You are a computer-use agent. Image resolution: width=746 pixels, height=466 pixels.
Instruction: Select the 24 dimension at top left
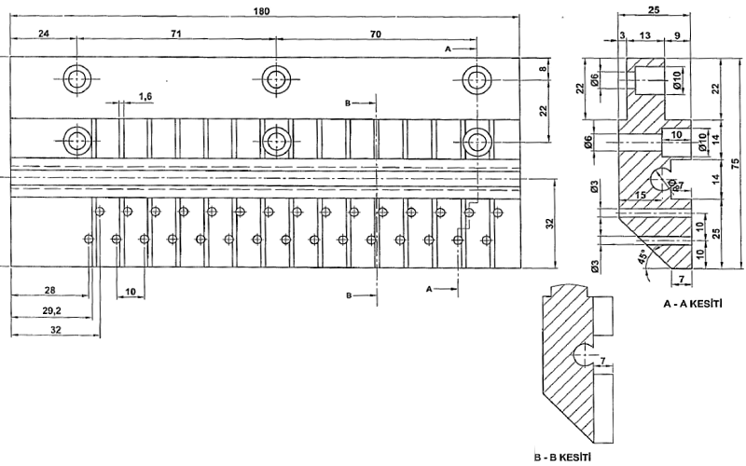pos(43,33)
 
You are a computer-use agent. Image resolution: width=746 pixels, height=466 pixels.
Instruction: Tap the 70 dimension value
pos(375,33)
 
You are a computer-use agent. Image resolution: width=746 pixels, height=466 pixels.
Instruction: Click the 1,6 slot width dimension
pos(145,96)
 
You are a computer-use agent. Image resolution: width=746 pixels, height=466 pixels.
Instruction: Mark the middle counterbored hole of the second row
pos(273,141)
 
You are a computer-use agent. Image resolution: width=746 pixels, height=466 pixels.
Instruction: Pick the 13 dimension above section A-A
pos(645,35)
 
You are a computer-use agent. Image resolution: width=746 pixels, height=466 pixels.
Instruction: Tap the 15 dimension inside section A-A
pos(641,195)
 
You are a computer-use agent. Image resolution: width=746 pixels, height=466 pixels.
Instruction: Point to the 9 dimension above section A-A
pos(676,35)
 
